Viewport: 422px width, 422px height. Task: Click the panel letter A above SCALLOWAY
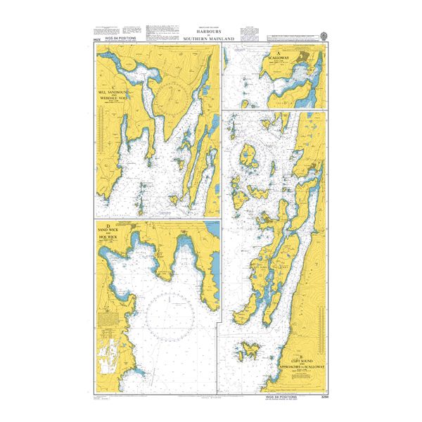click(x=279, y=53)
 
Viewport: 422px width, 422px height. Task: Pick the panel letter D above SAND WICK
click(x=108, y=225)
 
